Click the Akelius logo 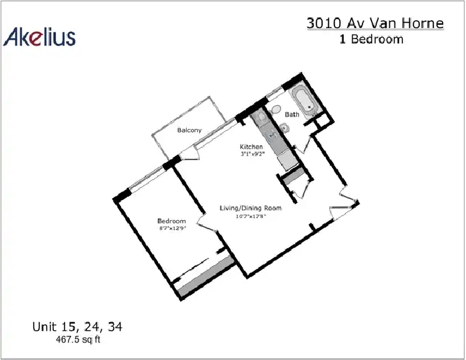point(39,37)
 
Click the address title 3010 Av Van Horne point(375,23)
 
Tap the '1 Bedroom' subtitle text point(372,39)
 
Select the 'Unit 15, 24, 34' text point(77,327)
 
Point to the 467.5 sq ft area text point(78,339)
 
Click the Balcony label point(189,130)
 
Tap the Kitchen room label point(251,146)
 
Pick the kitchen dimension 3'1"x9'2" point(253,154)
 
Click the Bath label point(292,115)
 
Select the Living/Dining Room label point(251,208)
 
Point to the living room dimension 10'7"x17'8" point(251,216)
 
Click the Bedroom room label point(171,221)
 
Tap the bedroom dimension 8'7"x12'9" point(172,228)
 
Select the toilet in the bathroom point(275,110)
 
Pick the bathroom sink point(284,128)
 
